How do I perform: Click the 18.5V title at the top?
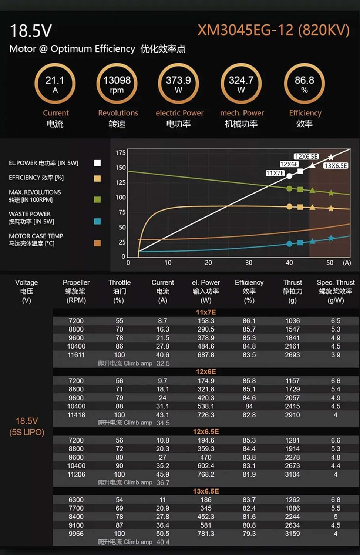pyautogui.click(x=31, y=31)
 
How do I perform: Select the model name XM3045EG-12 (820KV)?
pyautogui.click(x=273, y=30)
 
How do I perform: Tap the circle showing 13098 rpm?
pyautogui.click(x=117, y=84)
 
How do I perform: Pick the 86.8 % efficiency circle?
pyautogui.click(x=304, y=84)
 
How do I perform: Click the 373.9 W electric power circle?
pyautogui.click(x=178, y=84)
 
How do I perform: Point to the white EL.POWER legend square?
pyautogui.click(x=97, y=163)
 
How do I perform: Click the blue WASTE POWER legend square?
pyautogui.click(x=97, y=221)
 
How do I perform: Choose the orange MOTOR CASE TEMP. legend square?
pyautogui.click(x=97, y=243)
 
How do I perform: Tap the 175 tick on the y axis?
pyautogui.click(x=121, y=153)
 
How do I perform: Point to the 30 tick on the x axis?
pyautogui.click(x=249, y=263)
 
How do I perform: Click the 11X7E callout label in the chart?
pyautogui.click(x=275, y=173)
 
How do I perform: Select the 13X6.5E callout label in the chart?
pyautogui.click(x=336, y=165)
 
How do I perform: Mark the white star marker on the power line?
pyautogui.click(x=331, y=157)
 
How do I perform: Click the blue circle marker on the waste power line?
pyautogui.click(x=289, y=243)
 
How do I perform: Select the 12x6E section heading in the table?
pyautogui.click(x=206, y=371)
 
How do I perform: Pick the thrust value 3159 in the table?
pyautogui.click(x=292, y=534)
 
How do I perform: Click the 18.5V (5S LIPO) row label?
pyautogui.click(x=27, y=426)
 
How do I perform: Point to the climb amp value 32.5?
pyautogui.click(x=163, y=363)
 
